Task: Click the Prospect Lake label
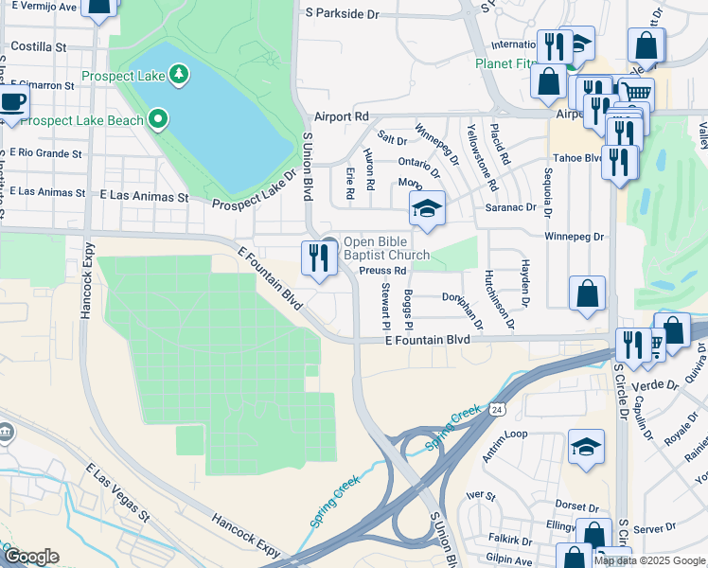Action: coord(122,75)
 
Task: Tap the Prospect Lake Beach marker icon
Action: coord(159,119)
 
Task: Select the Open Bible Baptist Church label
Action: coord(385,248)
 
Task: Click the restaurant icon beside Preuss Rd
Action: coord(319,258)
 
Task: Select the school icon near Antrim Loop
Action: coord(586,448)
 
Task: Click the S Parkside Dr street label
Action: coord(342,14)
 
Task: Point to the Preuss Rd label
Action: coord(382,270)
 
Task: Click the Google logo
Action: coord(31,557)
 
